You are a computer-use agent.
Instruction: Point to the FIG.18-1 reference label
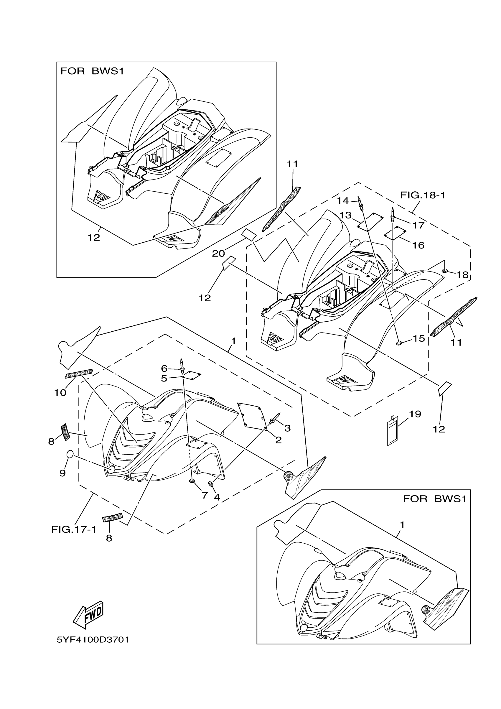coord(423,195)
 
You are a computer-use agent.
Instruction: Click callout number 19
coord(415,414)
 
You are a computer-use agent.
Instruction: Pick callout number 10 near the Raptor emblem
coord(60,392)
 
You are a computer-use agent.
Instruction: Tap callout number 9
coord(62,473)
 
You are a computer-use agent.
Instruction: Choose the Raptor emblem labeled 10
coord(79,374)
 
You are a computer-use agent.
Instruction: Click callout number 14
coord(343,201)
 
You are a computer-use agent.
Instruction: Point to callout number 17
coord(419,225)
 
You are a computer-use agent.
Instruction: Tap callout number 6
coord(164,368)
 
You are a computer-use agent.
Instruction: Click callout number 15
coord(419,338)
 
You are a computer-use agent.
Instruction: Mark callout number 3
coord(287,428)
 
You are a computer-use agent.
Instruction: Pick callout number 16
coord(418,245)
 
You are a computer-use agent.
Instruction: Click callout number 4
coord(217,497)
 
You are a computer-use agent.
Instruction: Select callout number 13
coord(345,215)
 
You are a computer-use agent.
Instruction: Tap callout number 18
coord(462,274)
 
